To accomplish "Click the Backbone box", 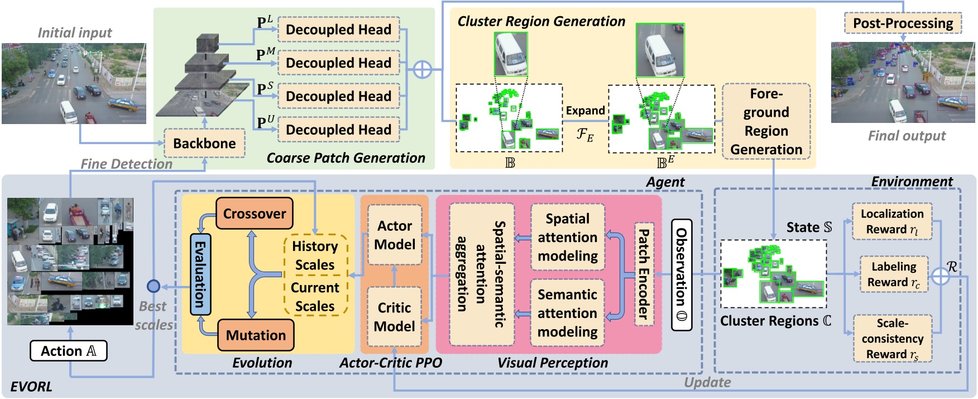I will coord(204,143).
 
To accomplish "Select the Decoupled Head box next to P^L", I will coord(338,30).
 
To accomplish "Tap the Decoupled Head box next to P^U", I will coord(338,130).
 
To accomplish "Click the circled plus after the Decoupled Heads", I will coord(423,70).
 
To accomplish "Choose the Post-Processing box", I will coord(903,23).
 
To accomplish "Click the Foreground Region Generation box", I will coord(766,121).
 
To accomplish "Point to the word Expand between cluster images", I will coord(585,111).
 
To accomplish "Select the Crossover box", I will coord(254,213).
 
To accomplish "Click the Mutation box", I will coord(256,335).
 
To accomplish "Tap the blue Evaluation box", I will coord(200,274).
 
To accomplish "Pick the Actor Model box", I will coord(395,235).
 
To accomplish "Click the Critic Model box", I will coord(394,317).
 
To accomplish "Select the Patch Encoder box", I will coord(644,274).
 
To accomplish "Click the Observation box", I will coord(681,274).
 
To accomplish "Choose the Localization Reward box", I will coord(891,221).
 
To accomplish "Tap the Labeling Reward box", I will coord(893,274).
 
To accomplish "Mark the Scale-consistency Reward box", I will coord(892,339).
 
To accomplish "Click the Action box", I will coord(68,351).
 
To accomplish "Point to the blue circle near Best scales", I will coord(153,287).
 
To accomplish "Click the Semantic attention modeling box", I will coord(567,313).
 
